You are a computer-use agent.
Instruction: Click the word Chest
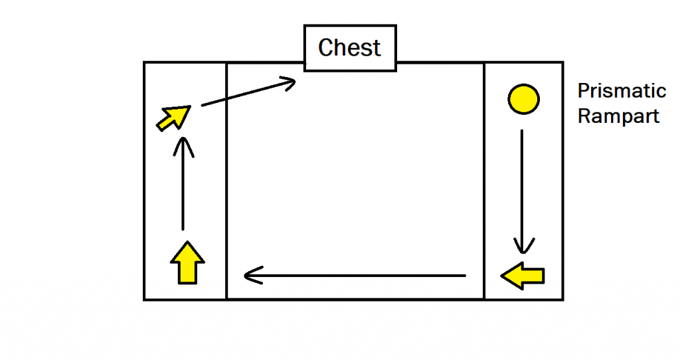pyautogui.click(x=349, y=48)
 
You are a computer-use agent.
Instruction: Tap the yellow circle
pyautogui.click(x=523, y=99)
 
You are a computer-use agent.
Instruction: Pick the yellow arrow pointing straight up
pyautogui.click(x=188, y=262)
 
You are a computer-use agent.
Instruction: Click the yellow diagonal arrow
pyautogui.click(x=173, y=118)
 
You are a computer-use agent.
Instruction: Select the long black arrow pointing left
pyautogui.click(x=355, y=274)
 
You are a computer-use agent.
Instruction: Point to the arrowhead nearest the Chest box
pyautogui.click(x=290, y=82)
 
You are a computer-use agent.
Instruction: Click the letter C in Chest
pyautogui.click(x=325, y=48)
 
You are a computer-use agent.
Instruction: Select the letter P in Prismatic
pyautogui.click(x=582, y=91)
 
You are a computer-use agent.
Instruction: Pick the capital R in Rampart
pyautogui.click(x=583, y=116)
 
